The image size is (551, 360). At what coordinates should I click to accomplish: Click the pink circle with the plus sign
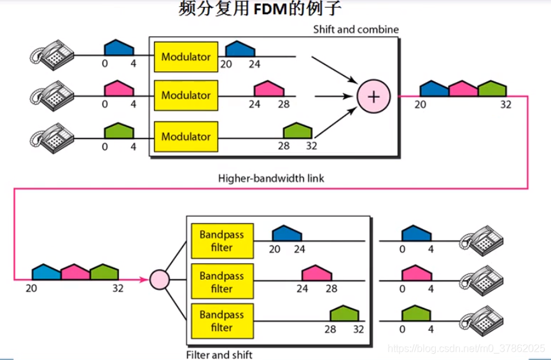pyautogui.click(x=373, y=96)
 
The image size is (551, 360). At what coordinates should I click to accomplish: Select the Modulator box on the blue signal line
pyautogui.click(x=186, y=57)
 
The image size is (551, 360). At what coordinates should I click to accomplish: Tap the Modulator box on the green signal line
pyautogui.click(x=186, y=137)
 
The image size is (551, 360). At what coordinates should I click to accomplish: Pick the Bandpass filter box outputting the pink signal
pyautogui.click(x=222, y=281)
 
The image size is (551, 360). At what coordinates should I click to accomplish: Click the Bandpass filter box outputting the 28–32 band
pyautogui.click(x=222, y=321)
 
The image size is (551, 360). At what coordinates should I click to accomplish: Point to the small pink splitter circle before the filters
pyautogui.click(x=160, y=280)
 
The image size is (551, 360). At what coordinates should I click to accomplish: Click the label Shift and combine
pyautogui.click(x=356, y=29)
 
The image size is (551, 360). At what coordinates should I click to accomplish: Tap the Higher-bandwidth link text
pyautogui.click(x=271, y=179)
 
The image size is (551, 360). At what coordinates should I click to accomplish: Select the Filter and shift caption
pyautogui.click(x=220, y=354)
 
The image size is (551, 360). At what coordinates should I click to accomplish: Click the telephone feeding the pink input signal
pyautogui.click(x=52, y=95)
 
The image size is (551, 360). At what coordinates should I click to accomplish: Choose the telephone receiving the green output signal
pyautogui.click(x=482, y=321)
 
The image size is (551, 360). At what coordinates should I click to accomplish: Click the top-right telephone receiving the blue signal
pyautogui.click(x=482, y=240)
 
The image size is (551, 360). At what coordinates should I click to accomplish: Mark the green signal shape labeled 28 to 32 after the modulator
pyautogui.click(x=298, y=130)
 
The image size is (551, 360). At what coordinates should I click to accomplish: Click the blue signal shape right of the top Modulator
pyautogui.click(x=240, y=49)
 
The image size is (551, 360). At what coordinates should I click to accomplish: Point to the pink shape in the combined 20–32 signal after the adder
pyautogui.click(x=463, y=88)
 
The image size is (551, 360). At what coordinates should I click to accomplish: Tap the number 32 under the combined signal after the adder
pyautogui.click(x=506, y=105)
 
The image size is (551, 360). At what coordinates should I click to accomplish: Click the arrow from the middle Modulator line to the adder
pyautogui.click(x=334, y=96)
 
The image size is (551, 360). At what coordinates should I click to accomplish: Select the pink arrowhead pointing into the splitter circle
pyautogui.click(x=143, y=280)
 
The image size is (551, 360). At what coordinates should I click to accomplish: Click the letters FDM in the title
pyautogui.click(x=270, y=9)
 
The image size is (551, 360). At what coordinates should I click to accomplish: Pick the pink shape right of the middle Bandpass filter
pyautogui.click(x=317, y=273)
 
